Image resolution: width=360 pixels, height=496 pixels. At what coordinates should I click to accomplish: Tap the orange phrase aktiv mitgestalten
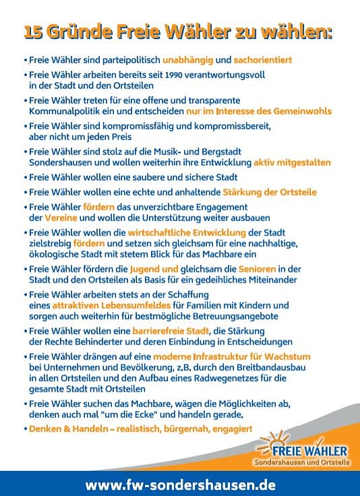tap(292, 163)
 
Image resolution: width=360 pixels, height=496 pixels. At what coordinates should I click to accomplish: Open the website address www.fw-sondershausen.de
tap(180, 485)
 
